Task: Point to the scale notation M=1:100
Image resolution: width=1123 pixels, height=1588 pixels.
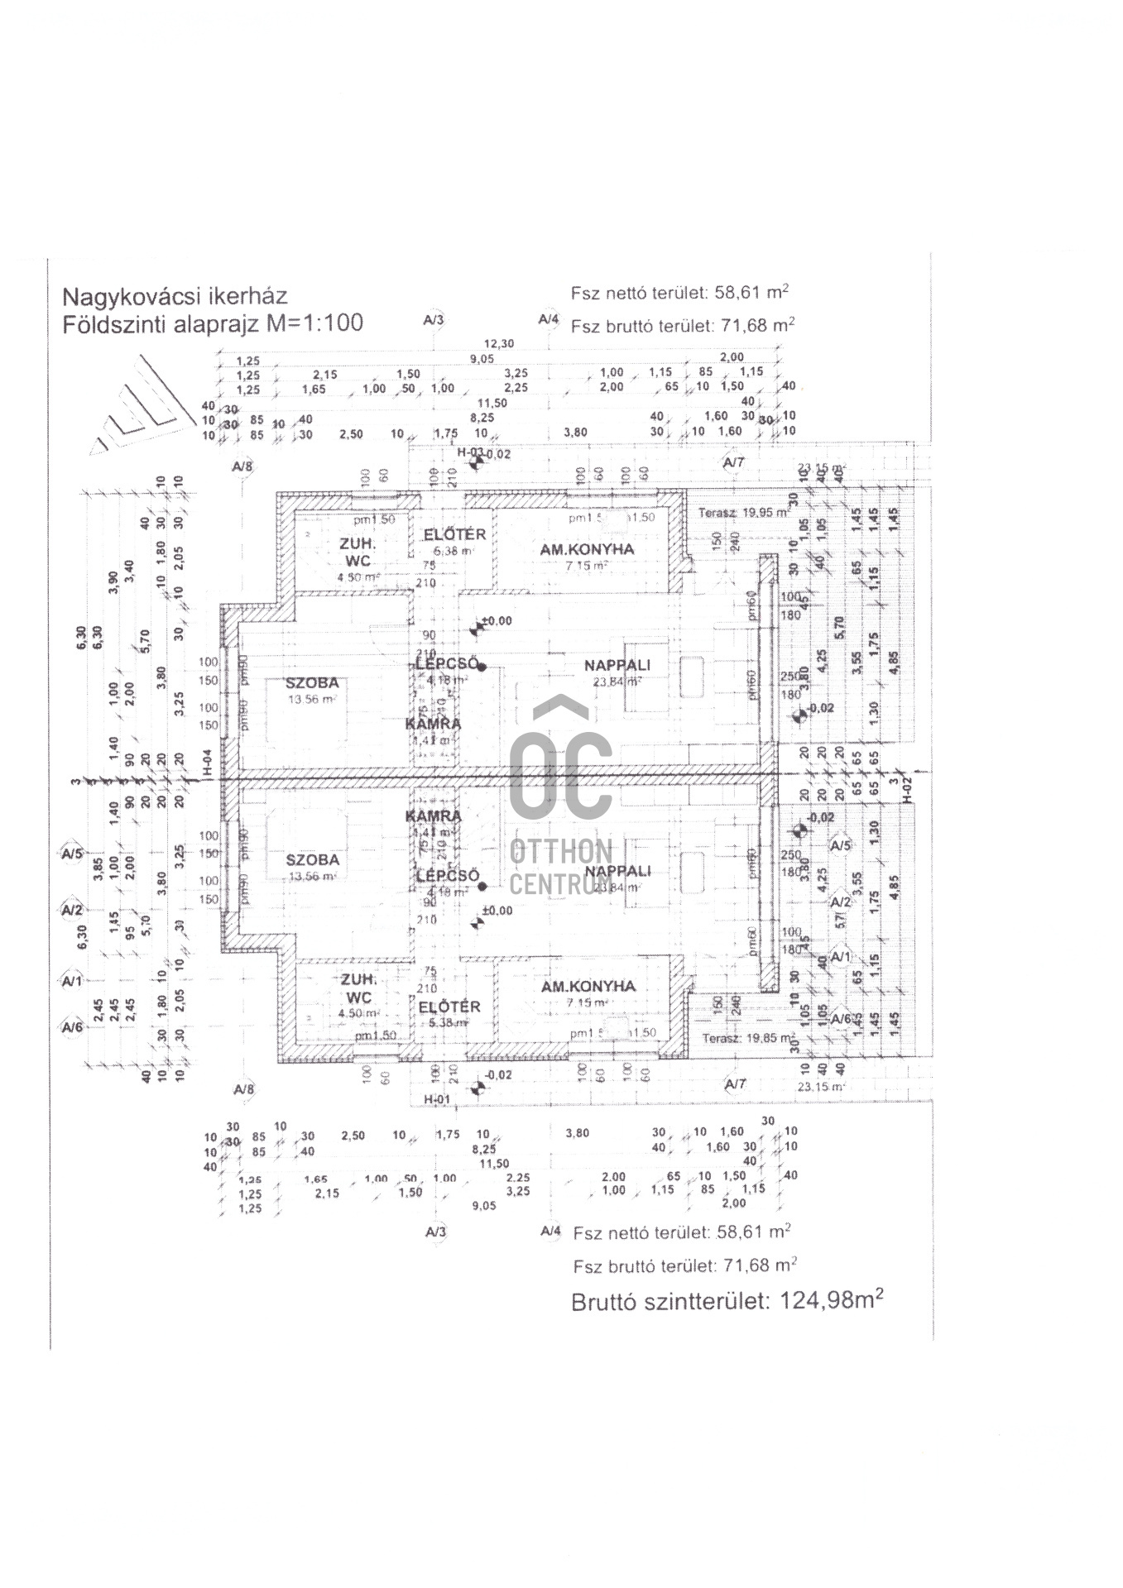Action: [315, 323]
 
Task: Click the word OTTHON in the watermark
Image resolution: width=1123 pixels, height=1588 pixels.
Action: [561, 851]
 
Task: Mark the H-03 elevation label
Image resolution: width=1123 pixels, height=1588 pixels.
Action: [470, 452]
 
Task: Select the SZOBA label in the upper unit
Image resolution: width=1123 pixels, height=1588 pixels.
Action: [312, 683]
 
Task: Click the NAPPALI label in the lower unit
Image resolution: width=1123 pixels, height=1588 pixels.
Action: [617, 871]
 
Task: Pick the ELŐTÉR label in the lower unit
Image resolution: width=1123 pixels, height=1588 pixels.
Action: [449, 1007]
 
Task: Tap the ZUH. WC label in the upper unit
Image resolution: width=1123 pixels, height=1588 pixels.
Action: [358, 552]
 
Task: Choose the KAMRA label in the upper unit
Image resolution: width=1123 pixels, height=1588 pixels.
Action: [434, 724]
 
